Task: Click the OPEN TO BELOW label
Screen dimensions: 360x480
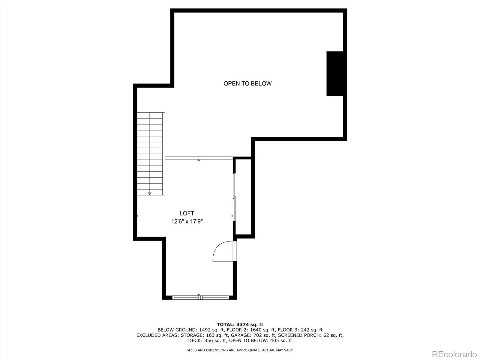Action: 247,84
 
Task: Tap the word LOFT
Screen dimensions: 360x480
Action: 187,213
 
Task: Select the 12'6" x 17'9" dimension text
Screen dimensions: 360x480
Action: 187,222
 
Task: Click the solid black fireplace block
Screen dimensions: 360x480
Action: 335,73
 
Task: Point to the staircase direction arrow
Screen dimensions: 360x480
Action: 150,193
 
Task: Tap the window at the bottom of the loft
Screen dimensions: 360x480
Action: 200,297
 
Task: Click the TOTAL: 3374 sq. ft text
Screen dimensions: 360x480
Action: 240,324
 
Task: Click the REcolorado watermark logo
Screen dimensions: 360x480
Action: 454,354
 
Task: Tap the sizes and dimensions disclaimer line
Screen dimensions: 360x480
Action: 240,350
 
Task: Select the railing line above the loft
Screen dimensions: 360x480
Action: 199,158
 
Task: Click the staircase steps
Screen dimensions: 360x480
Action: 150,150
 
